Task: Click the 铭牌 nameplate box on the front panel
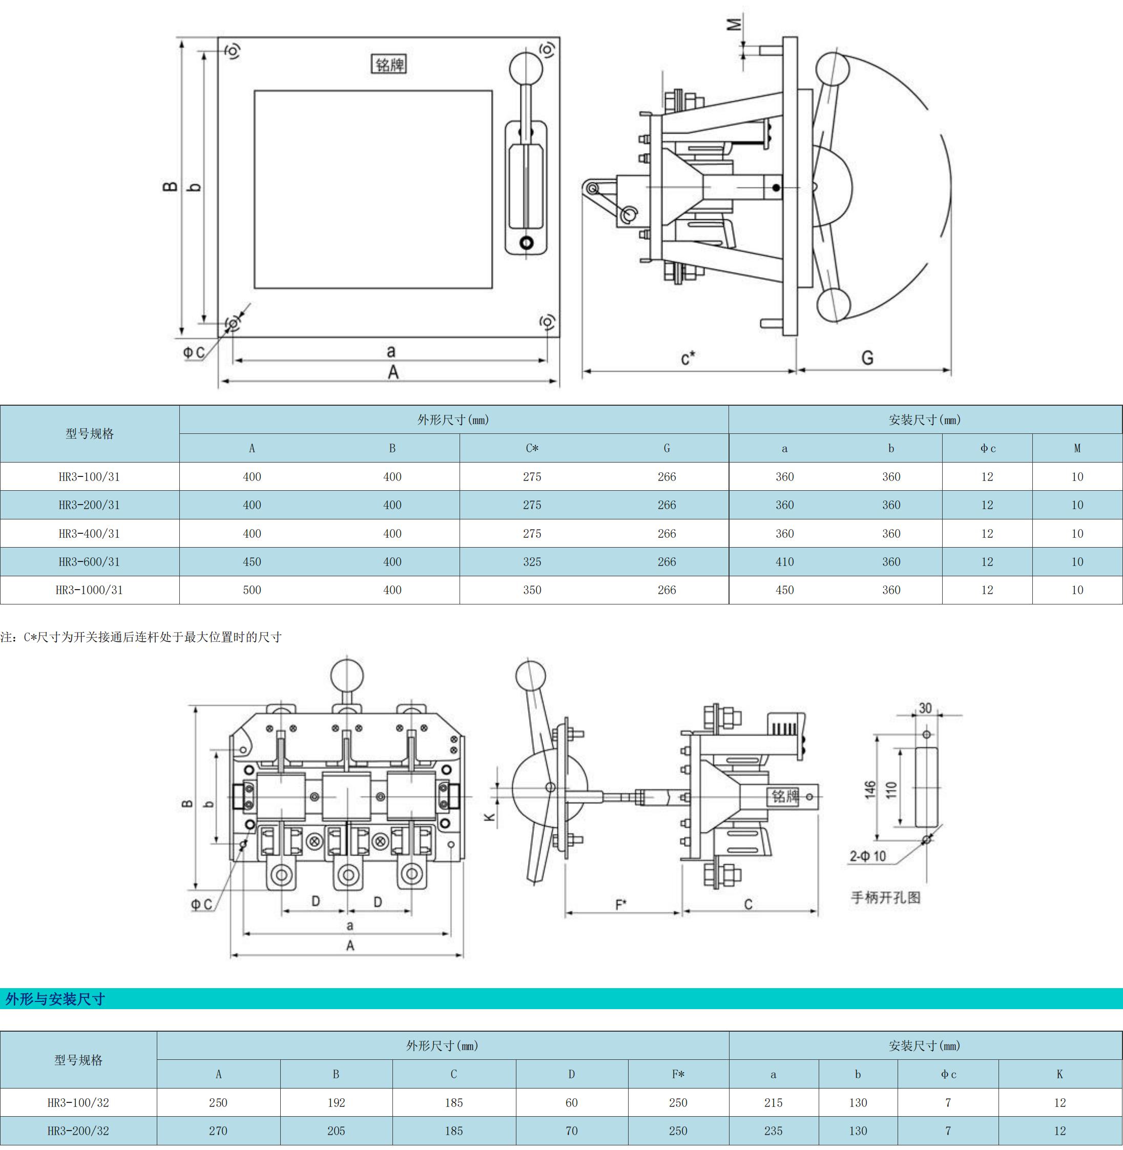click(x=389, y=64)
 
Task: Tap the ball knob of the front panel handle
click(x=526, y=69)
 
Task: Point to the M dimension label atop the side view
click(x=734, y=25)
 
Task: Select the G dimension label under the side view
click(x=867, y=358)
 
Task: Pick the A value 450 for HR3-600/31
click(x=252, y=562)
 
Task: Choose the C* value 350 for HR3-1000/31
click(x=532, y=590)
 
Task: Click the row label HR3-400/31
click(x=89, y=534)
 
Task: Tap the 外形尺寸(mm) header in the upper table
click(x=453, y=420)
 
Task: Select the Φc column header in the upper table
click(x=987, y=449)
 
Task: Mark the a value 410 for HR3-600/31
click(x=784, y=562)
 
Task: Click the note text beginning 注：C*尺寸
click(x=141, y=637)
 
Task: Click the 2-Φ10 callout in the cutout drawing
click(x=868, y=856)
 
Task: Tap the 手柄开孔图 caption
click(x=885, y=897)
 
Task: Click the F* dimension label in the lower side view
click(x=621, y=904)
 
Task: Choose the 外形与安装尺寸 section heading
click(x=55, y=999)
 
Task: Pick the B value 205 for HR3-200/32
click(x=336, y=1131)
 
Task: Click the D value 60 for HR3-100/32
click(x=572, y=1103)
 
